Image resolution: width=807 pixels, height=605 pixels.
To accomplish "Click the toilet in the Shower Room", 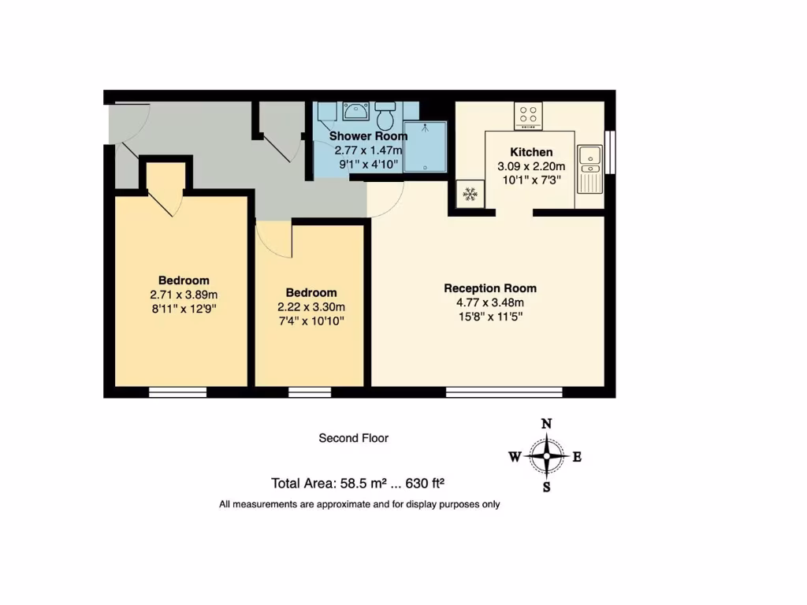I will pos(385,117).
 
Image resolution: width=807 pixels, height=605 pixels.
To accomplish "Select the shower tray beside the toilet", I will pos(426,146).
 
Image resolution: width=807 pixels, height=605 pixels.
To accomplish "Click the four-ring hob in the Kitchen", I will pos(528,116).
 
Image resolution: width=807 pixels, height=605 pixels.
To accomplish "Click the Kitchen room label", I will pos(531,152).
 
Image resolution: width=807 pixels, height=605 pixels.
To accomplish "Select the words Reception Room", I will pos(490,288).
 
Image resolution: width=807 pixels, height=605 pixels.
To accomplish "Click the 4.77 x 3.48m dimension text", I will pos(490,302).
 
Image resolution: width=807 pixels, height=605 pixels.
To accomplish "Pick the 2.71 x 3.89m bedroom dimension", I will pos(184,295).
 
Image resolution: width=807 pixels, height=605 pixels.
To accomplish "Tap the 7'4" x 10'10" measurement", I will pos(311,321).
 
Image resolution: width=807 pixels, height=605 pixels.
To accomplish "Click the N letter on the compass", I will pos(546,424).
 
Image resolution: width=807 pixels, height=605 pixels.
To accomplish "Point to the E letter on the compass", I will pos(577,456).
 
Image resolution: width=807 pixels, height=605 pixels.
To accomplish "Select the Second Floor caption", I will pos(353,438).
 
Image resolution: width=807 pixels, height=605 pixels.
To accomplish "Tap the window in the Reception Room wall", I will pos(504,392).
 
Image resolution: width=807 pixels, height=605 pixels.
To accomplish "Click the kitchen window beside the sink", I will pos(609,150).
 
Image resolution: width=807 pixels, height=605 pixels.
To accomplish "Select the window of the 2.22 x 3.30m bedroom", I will pos(310,392).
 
